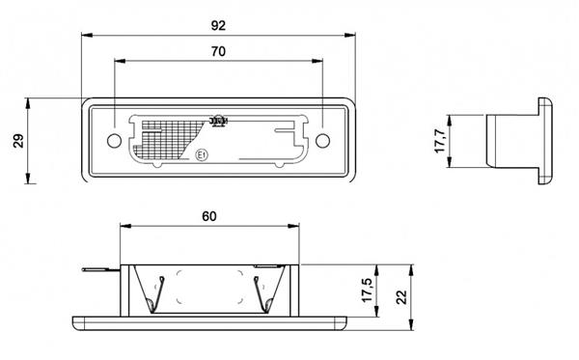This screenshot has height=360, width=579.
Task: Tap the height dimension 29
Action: [17, 141]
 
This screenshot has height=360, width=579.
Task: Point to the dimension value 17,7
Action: [440, 141]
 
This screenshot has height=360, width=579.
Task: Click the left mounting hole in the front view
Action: [115, 141]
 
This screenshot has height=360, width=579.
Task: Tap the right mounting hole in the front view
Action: [321, 141]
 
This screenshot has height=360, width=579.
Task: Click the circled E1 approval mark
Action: [202, 153]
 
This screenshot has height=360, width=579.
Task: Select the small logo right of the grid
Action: [218, 122]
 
